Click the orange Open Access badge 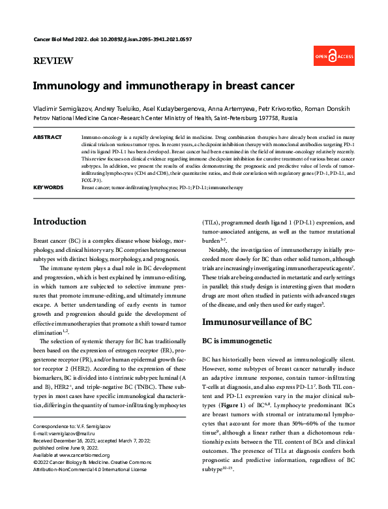335,57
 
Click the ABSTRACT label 47,138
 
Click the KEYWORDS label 48,187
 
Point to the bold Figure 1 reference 246,397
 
